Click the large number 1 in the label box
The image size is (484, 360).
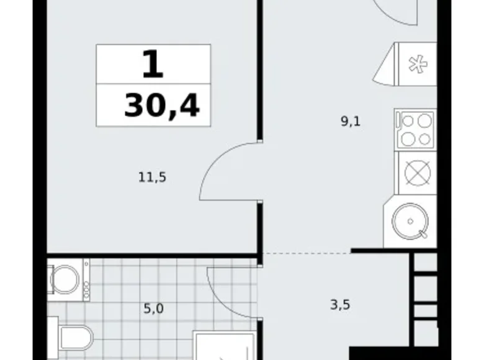click(153, 64)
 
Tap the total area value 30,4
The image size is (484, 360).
click(162, 106)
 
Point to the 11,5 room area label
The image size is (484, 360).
click(152, 177)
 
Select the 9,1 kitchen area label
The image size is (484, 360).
click(351, 121)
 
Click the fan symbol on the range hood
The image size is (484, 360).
click(415, 63)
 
